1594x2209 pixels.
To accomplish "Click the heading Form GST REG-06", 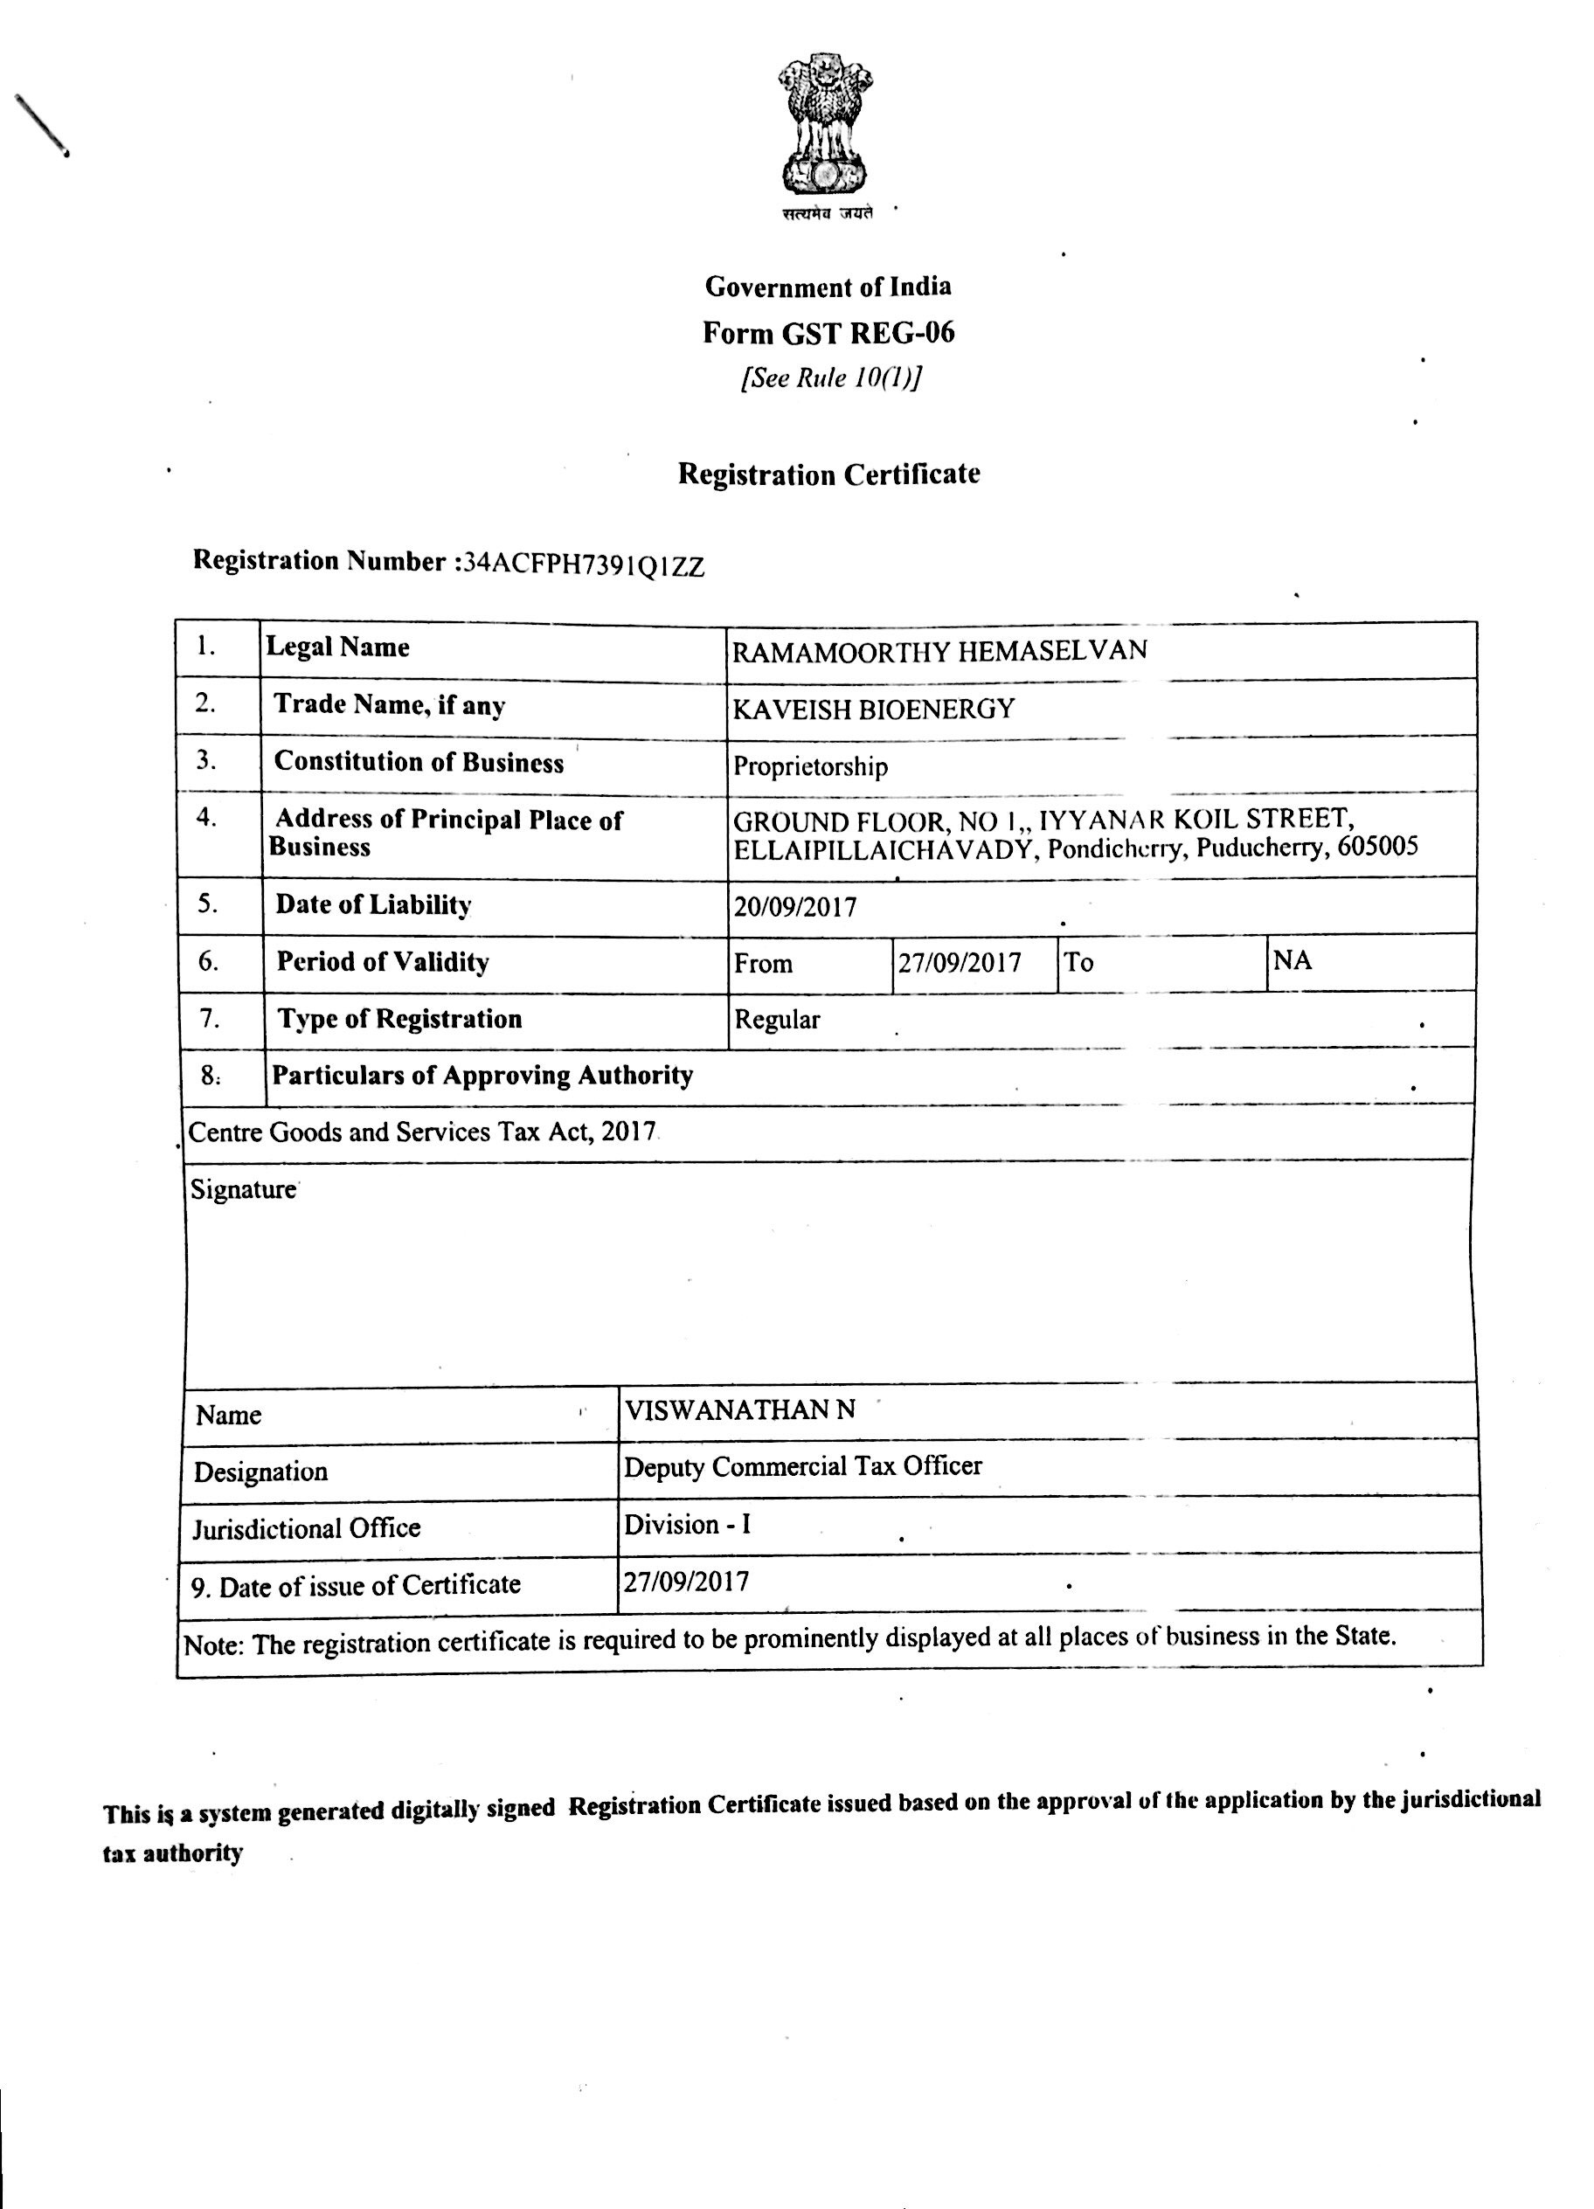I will (x=828, y=333).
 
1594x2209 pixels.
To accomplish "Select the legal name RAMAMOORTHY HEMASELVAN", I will (x=939, y=649).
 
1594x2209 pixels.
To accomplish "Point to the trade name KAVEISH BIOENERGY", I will (x=873, y=708).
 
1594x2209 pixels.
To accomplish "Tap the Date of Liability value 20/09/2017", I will (x=795, y=907).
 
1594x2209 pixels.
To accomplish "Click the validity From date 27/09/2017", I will (x=960, y=963).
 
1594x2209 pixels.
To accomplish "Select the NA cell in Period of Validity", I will (x=1292, y=961).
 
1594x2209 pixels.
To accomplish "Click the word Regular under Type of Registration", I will (x=778, y=1020).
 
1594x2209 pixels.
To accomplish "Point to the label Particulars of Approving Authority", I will (x=482, y=1076).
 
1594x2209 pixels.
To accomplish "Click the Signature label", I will (x=243, y=1189).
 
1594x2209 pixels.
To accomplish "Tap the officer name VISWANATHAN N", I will (x=739, y=1409).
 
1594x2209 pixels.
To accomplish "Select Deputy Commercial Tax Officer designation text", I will (x=803, y=1466).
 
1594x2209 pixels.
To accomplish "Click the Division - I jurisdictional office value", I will (x=687, y=1523).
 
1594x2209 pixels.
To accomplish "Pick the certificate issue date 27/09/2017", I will (x=687, y=1581).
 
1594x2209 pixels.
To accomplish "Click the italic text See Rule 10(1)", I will (x=830, y=377).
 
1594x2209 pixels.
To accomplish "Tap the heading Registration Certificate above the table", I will (x=828, y=474).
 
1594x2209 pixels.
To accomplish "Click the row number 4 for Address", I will (x=206, y=817).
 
